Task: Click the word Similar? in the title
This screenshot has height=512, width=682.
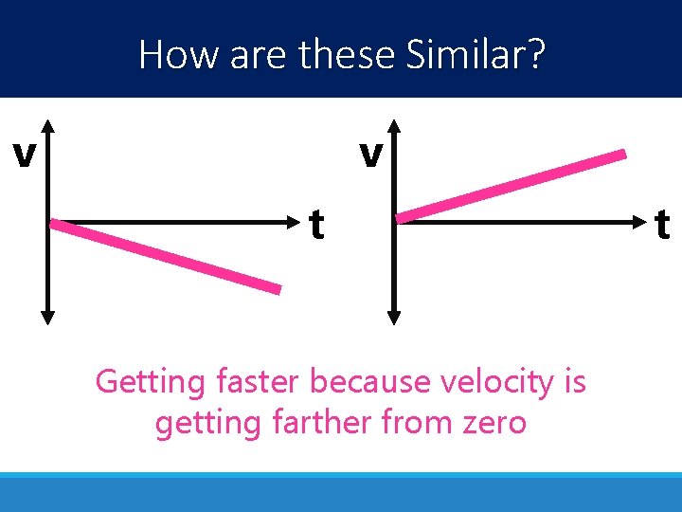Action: pos(476,55)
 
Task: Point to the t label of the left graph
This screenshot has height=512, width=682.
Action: pos(317,226)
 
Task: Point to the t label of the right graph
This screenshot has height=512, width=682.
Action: pos(662,226)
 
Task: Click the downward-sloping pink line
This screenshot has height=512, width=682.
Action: pos(166,256)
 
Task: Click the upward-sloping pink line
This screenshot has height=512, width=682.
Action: pos(511,186)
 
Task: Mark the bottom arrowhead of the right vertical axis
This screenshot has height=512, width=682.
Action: pos(396,320)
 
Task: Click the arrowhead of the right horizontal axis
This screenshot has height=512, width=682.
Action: pos(644,223)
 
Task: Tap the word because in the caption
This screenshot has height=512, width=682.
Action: pos(369,382)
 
